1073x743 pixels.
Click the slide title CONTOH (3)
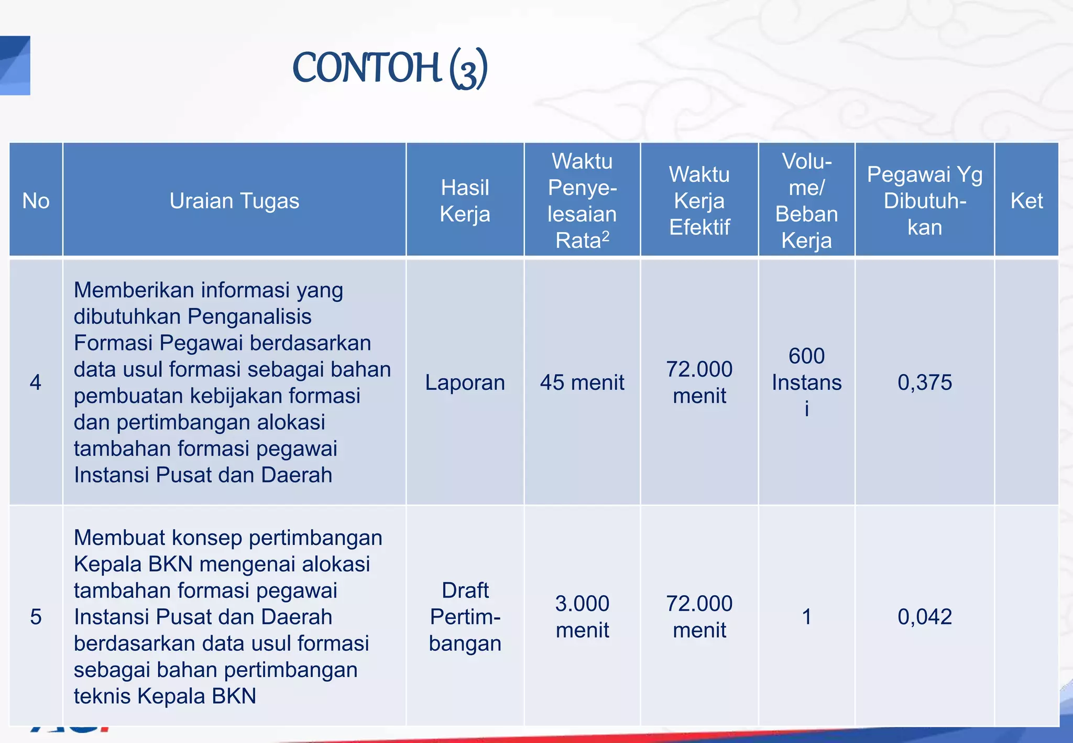click(x=390, y=68)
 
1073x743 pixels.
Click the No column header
click(x=36, y=201)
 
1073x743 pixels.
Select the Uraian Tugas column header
click(x=234, y=201)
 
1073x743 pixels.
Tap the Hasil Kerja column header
click(x=465, y=201)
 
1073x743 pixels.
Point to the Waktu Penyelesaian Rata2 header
click(x=582, y=201)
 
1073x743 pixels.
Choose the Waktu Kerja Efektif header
click(x=699, y=201)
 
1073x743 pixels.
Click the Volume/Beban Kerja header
click(x=806, y=201)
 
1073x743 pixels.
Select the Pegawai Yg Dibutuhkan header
click(x=924, y=201)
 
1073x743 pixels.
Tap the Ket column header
click(x=1026, y=201)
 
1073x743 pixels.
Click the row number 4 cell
click(x=36, y=382)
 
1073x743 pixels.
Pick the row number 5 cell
click(x=36, y=617)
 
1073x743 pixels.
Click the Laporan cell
click(x=465, y=382)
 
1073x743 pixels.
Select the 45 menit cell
click(x=582, y=382)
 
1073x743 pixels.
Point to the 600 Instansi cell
click(x=806, y=382)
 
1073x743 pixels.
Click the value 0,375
click(x=924, y=382)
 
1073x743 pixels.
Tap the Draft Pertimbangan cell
click(x=465, y=617)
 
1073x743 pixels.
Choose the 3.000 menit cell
click(x=582, y=617)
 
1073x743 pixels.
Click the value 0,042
click(x=924, y=617)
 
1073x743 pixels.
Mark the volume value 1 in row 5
click(x=806, y=617)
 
